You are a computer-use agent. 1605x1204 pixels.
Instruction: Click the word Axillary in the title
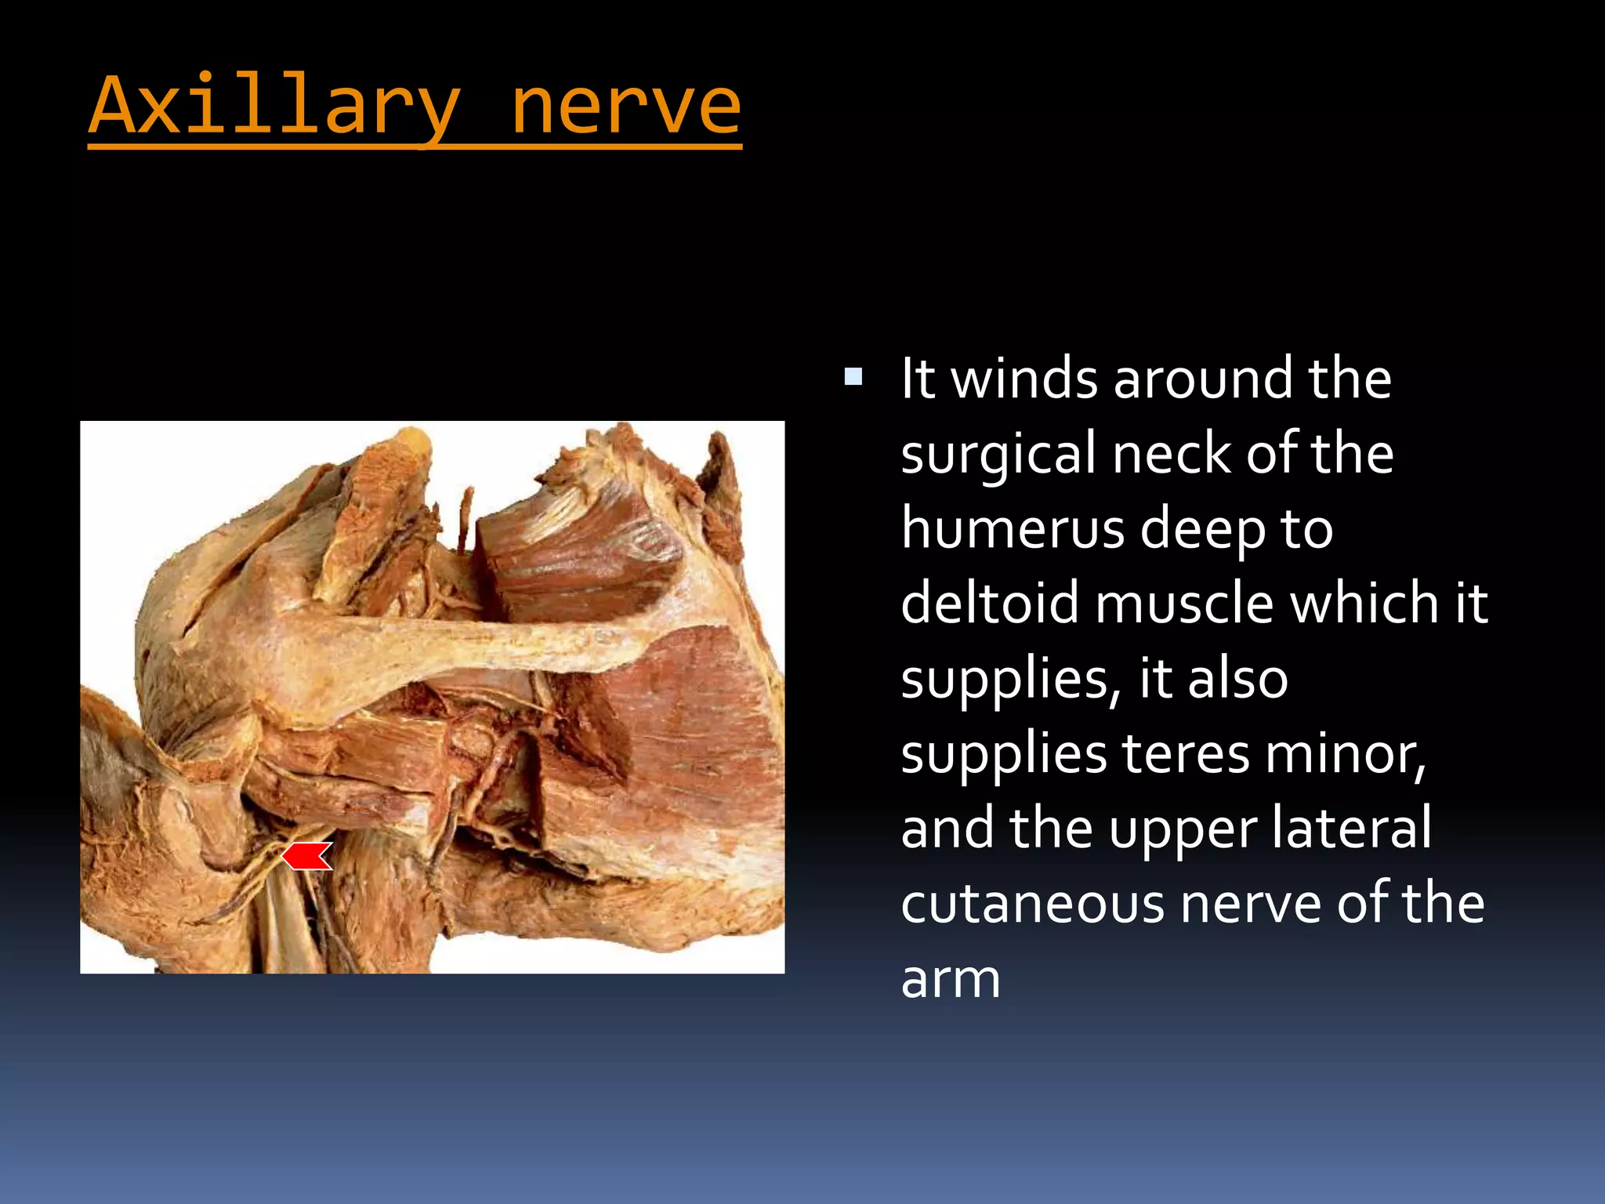(x=274, y=106)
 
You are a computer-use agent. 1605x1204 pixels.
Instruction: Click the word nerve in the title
(x=625, y=106)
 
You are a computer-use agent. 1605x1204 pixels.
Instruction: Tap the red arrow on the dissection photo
(x=307, y=856)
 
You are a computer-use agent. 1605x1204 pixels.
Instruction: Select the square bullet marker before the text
(x=853, y=378)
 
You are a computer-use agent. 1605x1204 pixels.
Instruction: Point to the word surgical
(x=998, y=455)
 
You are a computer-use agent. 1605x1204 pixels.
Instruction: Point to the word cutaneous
(x=1033, y=904)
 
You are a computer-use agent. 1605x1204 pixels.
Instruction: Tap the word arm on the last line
(x=951, y=979)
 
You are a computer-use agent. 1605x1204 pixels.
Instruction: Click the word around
(x=1202, y=379)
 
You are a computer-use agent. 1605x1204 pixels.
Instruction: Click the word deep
(x=1203, y=530)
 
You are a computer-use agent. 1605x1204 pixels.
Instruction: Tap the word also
(x=1238, y=679)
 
